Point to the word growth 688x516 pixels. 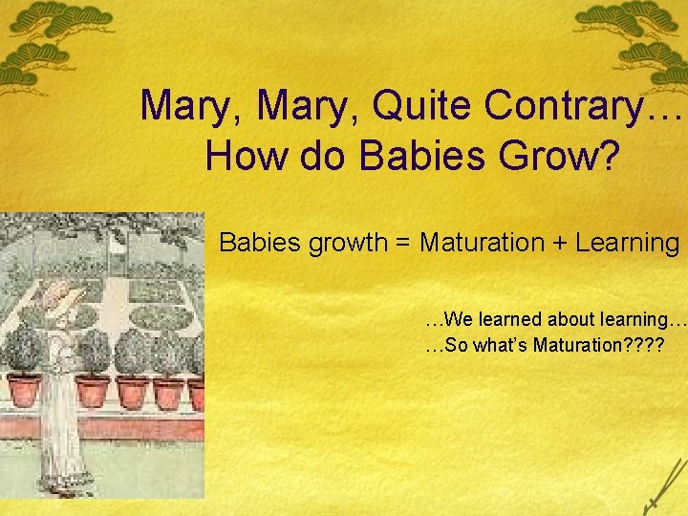click(344, 243)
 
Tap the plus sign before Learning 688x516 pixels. click(560, 243)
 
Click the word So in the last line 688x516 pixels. click(454, 345)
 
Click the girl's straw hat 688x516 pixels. click(57, 296)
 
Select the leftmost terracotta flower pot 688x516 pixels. click(23, 391)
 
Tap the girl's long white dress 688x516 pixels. click(59, 420)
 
